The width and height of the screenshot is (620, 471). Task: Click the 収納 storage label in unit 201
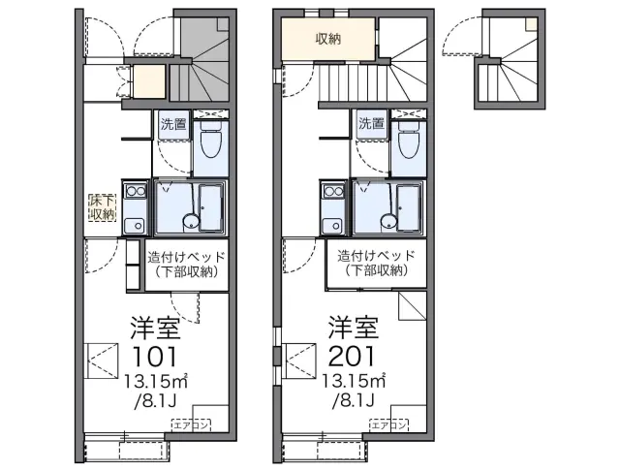pyautogui.click(x=327, y=39)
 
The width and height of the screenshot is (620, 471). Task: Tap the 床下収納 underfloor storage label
pyautogui.click(x=102, y=207)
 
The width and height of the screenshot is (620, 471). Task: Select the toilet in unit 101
pyautogui.click(x=211, y=141)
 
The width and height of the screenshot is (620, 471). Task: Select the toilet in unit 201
pyautogui.click(x=409, y=141)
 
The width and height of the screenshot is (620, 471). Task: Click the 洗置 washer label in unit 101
pyautogui.click(x=173, y=124)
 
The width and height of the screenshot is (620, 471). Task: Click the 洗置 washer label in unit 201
pyautogui.click(x=371, y=124)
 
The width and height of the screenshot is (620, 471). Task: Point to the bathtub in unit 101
pyautogui.click(x=211, y=207)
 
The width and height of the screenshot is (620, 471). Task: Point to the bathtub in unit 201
pyautogui.click(x=409, y=207)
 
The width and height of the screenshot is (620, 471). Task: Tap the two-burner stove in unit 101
pyautogui.click(x=136, y=192)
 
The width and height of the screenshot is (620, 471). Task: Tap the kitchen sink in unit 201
pyautogui.click(x=333, y=226)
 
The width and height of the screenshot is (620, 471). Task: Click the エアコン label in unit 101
pyautogui.click(x=192, y=425)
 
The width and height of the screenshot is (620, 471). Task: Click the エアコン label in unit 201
pyautogui.click(x=389, y=425)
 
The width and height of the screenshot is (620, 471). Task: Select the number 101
pyautogui.click(x=155, y=356)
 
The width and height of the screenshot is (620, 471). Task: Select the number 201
pyautogui.click(x=352, y=356)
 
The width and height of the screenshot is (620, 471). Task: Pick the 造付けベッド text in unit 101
pyautogui.click(x=187, y=258)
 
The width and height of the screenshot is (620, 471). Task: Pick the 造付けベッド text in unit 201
pyautogui.click(x=377, y=256)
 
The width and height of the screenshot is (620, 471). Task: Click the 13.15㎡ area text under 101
pyautogui.click(x=156, y=381)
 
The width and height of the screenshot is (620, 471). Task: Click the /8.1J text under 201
pyautogui.click(x=353, y=401)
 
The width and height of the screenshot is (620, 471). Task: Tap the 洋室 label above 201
pyautogui.click(x=353, y=328)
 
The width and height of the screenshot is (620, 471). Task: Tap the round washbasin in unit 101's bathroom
pyautogui.click(x=191, y=221)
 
